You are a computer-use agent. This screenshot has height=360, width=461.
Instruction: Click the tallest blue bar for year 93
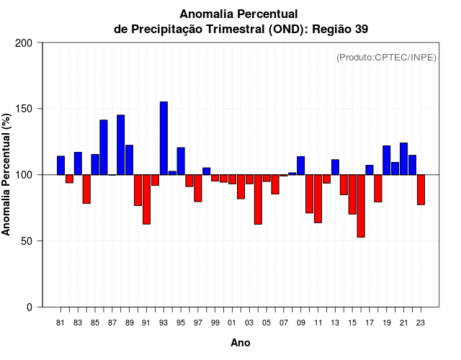click(x=164, y=138)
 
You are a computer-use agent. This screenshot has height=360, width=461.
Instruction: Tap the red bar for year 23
click(x=421, y=189)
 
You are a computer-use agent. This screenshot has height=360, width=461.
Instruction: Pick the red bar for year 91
click(x=146, y=199)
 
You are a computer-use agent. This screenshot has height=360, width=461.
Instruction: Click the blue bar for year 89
click(x=129, y=160)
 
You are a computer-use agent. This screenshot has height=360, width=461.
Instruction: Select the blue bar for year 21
click(x=403, y=158)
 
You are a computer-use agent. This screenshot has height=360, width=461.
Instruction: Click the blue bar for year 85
click(x=95, y=164)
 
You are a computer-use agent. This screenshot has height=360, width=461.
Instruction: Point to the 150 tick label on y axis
click(x=24, y=109)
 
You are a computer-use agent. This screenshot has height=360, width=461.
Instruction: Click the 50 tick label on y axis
click(x=27, y=241)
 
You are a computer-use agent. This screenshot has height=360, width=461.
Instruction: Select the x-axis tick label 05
click(x=267, y=323)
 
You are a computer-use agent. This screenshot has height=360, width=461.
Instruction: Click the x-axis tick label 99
click(x=215, y=323)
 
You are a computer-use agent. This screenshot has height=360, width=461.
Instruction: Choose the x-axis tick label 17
click(x=370, y=323)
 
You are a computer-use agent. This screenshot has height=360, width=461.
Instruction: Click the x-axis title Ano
click(x=241, y=343)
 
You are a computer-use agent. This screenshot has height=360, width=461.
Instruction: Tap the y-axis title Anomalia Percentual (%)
click(x=7, y=174)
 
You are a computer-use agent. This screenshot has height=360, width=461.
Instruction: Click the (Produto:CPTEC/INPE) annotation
click(x=387, y=57)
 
